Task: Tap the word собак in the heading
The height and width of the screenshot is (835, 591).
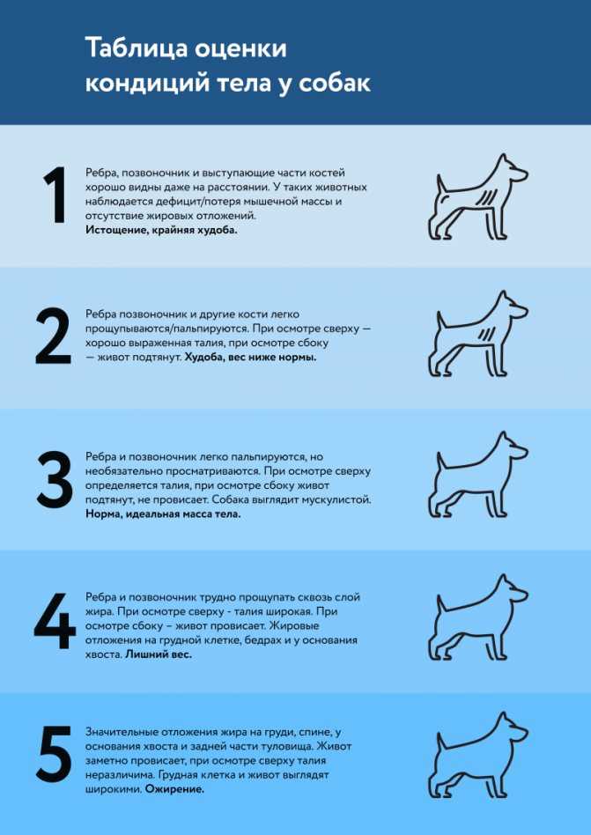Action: [x=332, y=84]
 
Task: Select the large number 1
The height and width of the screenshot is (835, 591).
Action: [x=55, y=196]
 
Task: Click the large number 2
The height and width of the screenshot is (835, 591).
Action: [x=53, y=337]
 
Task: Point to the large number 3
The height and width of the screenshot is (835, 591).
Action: [x=54, y=479]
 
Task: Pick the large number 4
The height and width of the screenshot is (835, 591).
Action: [x=55, y=621]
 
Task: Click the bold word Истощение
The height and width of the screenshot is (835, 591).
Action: [x=121, y=229]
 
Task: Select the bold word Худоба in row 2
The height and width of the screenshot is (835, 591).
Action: [x=208, y=358]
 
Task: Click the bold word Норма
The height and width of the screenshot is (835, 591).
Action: [x=105, y=513]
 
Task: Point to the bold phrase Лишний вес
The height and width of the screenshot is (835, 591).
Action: [x=159, y=654]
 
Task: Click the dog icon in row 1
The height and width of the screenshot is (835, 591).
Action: [x=479, y=198]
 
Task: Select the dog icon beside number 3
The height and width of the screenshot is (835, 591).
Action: [x=479, y=477]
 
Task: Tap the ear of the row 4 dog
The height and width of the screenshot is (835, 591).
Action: [x=503, y=583]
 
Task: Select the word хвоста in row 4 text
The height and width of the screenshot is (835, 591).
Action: [x=103, y=654]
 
